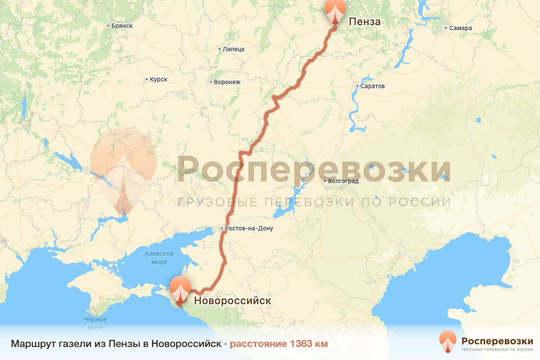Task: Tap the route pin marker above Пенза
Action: [x=335, y=11]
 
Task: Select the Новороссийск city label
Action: [x=232, y=300]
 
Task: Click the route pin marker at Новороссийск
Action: [x=180, y=289]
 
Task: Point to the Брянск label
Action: [x=121, y=26]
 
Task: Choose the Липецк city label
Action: [x=234, y=49]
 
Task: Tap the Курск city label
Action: [x=158, y=80]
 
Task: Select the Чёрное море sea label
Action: [x=94, y=324]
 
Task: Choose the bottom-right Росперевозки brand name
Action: [x=497, y=341]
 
